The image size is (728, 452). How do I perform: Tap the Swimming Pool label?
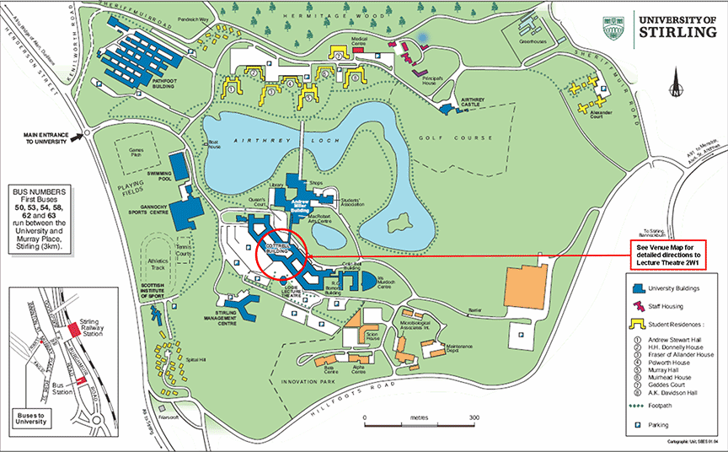(x=159, y=175)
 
